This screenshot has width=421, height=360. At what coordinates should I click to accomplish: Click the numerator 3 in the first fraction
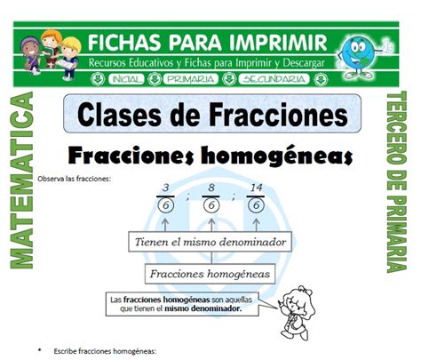point(166,188)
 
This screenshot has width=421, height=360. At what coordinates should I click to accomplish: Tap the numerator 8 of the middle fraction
point(211,188)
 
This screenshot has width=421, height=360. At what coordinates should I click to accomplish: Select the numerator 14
point(256,188)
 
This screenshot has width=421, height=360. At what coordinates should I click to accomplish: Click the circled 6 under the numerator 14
point(256,205)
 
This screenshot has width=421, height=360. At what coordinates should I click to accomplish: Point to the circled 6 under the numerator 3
point(166,205)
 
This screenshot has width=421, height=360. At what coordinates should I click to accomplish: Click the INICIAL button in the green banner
point(126,79)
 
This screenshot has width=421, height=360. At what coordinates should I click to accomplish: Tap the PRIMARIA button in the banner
point(191,79)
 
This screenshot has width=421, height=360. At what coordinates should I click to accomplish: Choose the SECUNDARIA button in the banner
point(274,79)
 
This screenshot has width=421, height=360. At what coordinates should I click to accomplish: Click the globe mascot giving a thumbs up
point(361,56)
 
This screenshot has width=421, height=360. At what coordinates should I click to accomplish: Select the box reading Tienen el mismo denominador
point(210,242)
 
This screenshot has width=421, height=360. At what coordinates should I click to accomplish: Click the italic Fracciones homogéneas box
point(210,274)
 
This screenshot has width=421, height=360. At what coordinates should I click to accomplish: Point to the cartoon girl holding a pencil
point(296,313)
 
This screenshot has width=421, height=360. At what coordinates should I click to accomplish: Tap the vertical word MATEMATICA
point(22,180)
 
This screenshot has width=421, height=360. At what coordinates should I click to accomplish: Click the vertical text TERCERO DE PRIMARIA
point(397,181)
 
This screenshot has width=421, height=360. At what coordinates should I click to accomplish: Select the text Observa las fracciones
point(75,179)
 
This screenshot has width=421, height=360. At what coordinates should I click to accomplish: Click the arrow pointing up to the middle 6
point(211,225)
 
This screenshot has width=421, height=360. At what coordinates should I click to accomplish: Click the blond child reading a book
point(69,59)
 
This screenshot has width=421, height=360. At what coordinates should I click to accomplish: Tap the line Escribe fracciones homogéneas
point(105,351)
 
